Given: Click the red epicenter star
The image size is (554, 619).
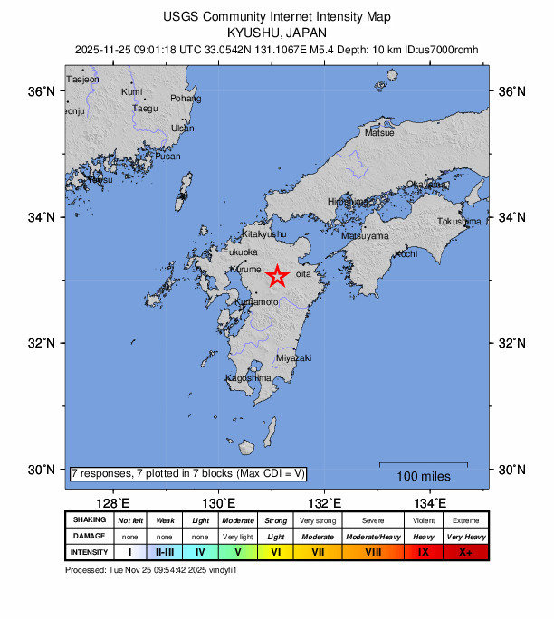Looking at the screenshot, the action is [x=277, y=276].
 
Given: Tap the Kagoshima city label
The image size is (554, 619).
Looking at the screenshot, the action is [x=248, y=377].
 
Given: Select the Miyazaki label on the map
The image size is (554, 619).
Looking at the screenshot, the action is [x=293, y=358].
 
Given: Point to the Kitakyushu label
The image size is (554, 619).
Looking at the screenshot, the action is [x=265, y=234].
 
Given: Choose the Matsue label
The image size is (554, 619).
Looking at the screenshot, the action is [x=379, y=133].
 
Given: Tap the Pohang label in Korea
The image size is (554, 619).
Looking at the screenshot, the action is [x=186, y=98].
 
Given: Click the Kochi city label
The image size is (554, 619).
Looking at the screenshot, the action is [x=406, y=254].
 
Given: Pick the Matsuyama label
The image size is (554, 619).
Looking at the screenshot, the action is [x=365, y=236].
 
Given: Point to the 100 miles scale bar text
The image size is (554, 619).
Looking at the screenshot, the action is [x=424, y=475].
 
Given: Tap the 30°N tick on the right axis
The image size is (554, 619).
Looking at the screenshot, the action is [x=511, y=470].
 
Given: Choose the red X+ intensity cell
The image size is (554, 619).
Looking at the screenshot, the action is [x=465, y=551].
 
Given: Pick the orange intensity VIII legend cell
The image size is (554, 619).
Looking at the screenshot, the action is [x=373, y=551].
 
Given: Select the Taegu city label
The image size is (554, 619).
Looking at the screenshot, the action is [x=145, y=109].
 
